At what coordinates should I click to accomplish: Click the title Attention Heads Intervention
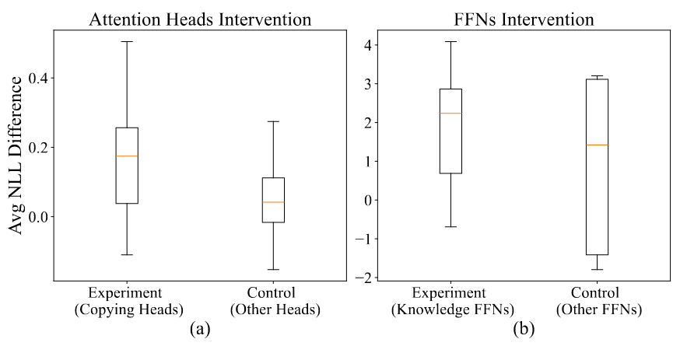pos(200,19)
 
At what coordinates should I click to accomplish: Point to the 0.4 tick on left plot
pos(39,79)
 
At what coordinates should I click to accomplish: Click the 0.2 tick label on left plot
pos(39,148)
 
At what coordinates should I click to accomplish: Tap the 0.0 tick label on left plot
pos(39,217)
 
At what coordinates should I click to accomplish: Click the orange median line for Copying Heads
pos(127,156)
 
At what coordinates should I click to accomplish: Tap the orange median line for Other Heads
pos(273,202)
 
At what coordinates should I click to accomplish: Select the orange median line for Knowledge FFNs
pos(450,114)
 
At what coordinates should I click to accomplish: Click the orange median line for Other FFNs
pos(598,145)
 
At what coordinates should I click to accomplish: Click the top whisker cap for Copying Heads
pos(127,41)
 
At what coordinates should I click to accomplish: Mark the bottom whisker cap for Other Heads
pos(273,270)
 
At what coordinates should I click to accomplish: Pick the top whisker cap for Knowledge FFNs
pos(450,41)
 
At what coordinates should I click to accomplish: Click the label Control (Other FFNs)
pos(598,302)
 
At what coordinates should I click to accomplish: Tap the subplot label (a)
pos(200,330)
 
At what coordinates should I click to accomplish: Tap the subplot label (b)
pos(523,330)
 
